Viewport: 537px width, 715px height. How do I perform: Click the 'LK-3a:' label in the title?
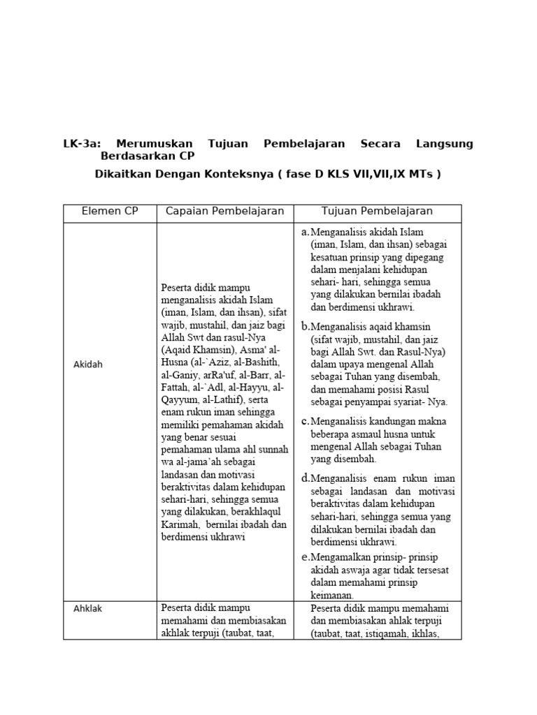click(83, 144)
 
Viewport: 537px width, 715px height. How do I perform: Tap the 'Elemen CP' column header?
click(110, 212)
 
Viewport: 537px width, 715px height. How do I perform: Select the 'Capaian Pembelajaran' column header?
click(224, 212)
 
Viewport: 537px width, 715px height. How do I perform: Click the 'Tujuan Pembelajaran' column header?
click(377, 212)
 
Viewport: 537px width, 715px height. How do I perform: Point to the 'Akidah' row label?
click(88, 364)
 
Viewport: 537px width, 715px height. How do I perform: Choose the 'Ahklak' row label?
click(88, 608)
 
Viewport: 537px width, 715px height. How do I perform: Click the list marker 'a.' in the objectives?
click(305, 231)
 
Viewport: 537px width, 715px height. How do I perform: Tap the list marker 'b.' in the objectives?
click(305, 326)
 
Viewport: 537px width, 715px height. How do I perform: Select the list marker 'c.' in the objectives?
click(305, 421)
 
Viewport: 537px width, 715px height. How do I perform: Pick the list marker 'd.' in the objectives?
click(306, 478)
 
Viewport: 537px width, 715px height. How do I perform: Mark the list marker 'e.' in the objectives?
click(305, 556)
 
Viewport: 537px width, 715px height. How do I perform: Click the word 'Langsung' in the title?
click(445, 144)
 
